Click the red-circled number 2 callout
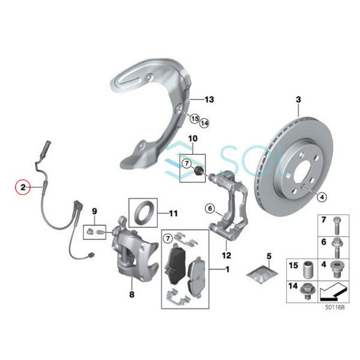click(22, 187)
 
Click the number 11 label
click(173, 212)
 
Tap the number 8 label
click(131, 294)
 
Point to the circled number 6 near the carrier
click(209, 208)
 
